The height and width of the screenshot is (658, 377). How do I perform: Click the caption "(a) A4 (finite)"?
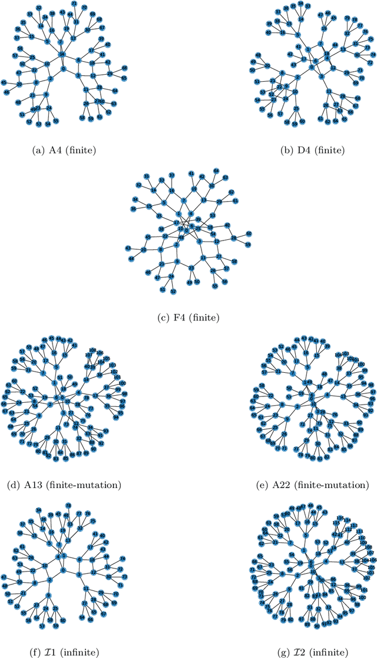(x=65, y=150)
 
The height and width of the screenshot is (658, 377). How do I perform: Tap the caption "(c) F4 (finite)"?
(x=188, y=318)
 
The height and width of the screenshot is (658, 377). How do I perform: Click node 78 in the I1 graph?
(x=68, y=505)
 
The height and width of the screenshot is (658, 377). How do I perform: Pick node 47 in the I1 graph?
(x=4, y=577)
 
